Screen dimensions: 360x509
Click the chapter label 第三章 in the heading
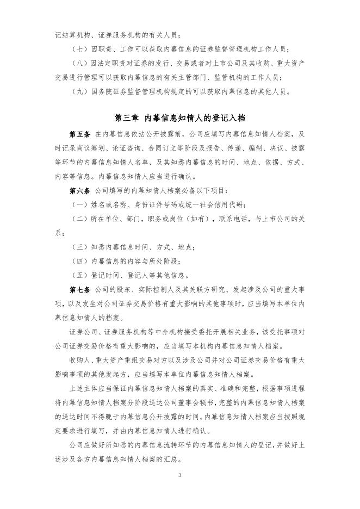[x=127, y=117]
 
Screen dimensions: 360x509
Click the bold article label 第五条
[x=79, y=134]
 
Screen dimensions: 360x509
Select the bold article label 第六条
[x=79, y=191]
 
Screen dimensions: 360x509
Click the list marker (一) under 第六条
[x=79, y=204]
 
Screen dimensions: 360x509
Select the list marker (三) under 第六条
[x=79, y=247]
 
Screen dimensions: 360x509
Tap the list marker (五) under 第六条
[x=79, y=275]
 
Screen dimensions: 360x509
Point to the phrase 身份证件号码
[x=163, y=204]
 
